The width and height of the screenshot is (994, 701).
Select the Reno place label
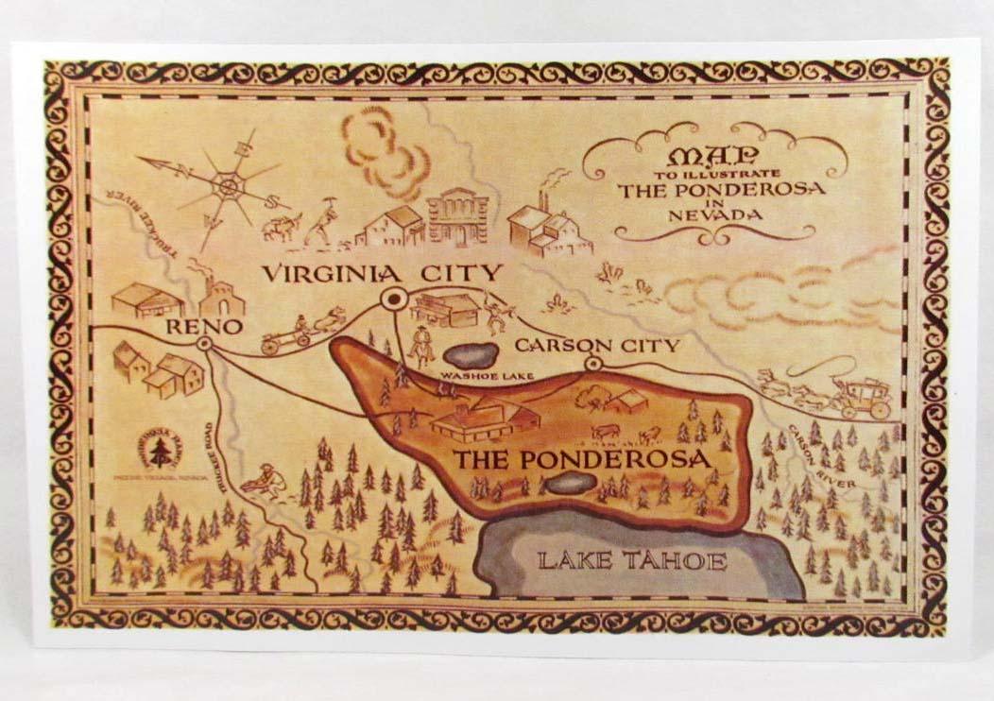pyautogui.click(x=205, y=326)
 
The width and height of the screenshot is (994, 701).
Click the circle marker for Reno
pyautogui.click(x=204, y=346)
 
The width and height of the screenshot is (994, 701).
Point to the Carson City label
pyautogui.click(x=596, y=345)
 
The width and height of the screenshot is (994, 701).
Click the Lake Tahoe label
pyautogui.click(x=632, y=561)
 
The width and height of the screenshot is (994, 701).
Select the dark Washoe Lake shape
pyautogui.click(x=470, y=355)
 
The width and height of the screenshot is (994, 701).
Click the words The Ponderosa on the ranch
pyautogui.click(x=581, y=460)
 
